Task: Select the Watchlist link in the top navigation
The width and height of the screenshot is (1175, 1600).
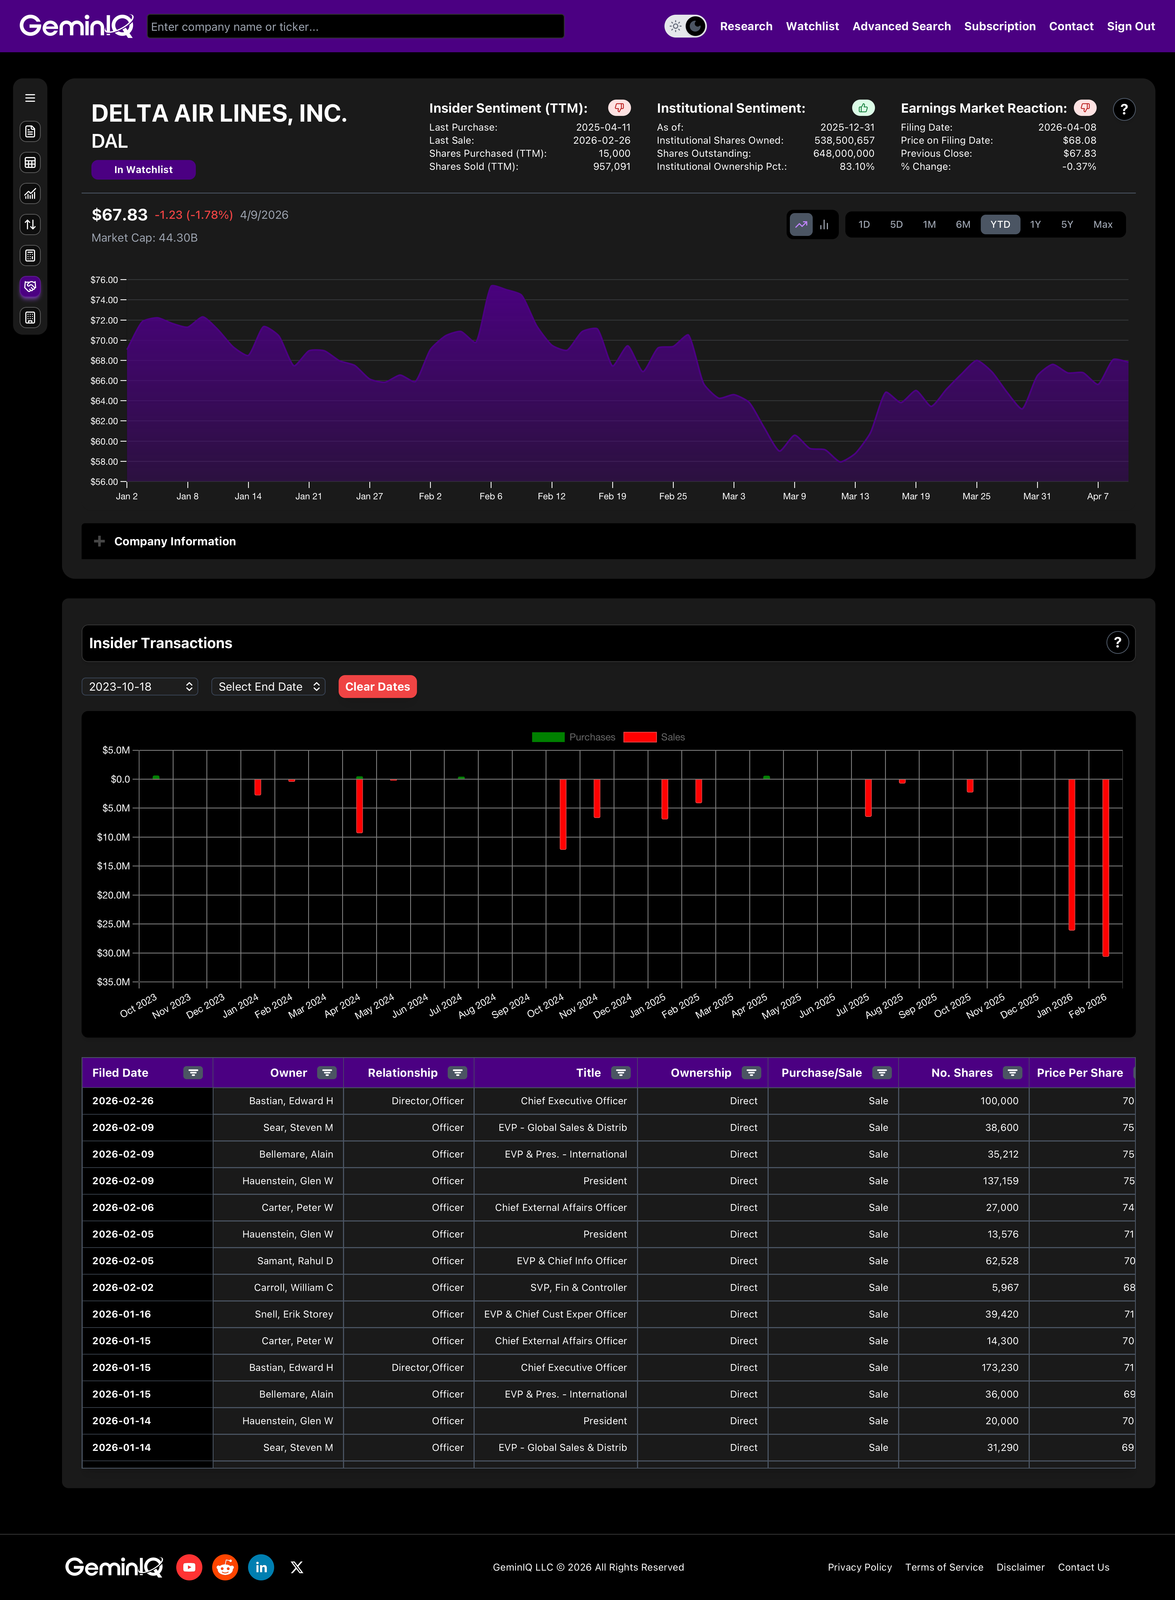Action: coord(812,26)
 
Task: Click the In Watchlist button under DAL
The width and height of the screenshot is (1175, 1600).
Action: coord(143,169)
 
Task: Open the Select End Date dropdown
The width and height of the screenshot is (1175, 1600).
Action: coord(268,687)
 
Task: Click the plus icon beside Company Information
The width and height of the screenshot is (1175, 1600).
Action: coord(100,541)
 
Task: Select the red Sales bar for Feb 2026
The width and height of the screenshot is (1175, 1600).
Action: coord(1105,868)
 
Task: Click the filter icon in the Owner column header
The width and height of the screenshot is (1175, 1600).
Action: coord(326,1073)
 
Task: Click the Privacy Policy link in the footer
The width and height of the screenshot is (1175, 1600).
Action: coord(859,1567)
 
